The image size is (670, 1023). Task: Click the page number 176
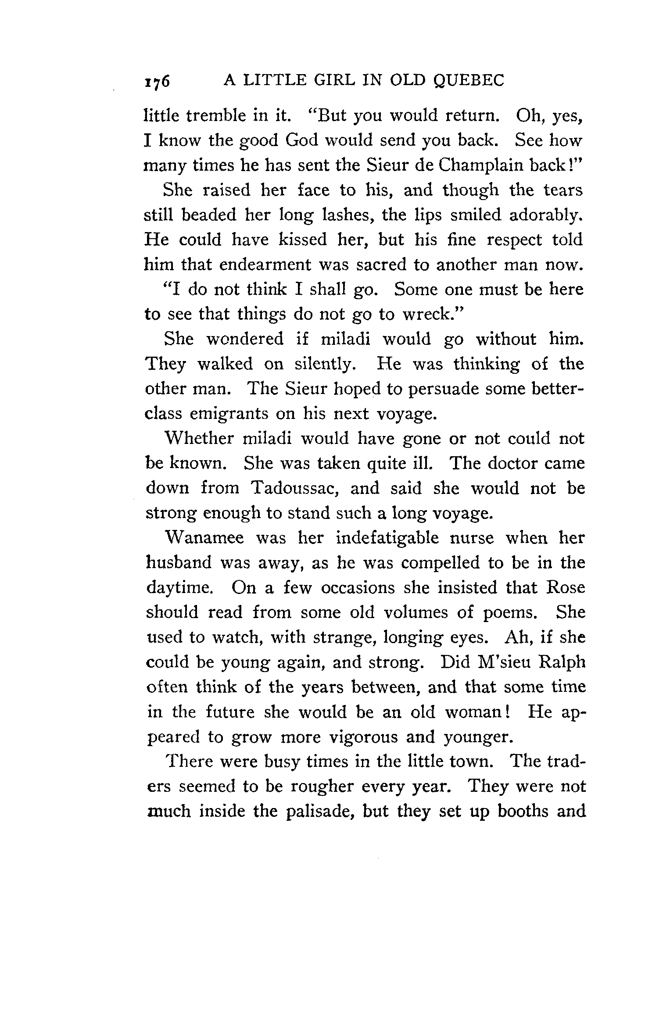click(x=156, y=82)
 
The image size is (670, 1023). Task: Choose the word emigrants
click(x=229, y=414)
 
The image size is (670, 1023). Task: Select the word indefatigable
click(x=387, y=538)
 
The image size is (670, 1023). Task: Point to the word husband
click(x=178, y=563)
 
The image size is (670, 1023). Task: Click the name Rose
click(x=566, y=588)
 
